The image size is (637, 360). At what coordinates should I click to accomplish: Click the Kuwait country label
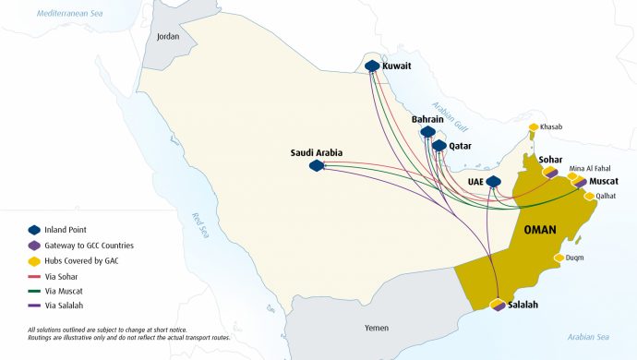398,66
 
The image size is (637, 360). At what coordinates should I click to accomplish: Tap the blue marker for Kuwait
372,66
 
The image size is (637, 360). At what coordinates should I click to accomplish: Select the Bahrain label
427,120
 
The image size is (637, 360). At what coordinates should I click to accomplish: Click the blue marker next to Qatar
439,146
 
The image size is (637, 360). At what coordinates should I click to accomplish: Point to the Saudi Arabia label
317,152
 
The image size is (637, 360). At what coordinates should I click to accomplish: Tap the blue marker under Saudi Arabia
317,165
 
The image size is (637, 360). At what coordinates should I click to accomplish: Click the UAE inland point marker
493,182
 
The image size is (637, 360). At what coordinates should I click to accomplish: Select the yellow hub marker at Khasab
534,127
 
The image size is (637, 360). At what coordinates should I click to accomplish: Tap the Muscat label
604,182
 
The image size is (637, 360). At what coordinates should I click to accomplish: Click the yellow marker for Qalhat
590,196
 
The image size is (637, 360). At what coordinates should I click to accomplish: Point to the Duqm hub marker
559,258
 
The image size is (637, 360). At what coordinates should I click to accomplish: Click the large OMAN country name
546,230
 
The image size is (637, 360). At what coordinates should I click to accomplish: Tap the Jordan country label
168,37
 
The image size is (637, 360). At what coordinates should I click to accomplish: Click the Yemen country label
351,328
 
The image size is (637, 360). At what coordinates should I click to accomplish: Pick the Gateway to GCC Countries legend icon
35,245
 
